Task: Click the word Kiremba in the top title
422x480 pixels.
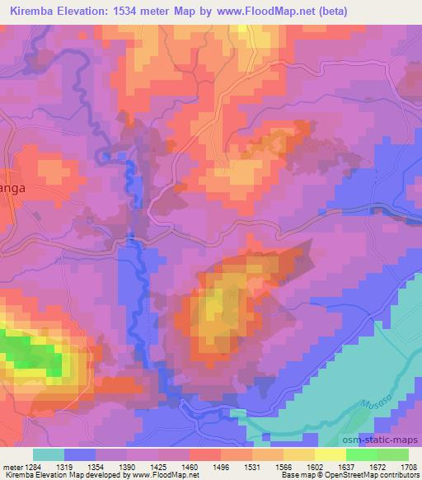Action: tap(35, 12)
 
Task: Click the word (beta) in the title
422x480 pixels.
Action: tap(349, 12)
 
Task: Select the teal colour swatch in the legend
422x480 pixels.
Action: tap(48, 454)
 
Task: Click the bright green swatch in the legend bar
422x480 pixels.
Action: tap(361, 454)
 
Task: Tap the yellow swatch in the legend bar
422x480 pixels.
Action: tap(330, 454)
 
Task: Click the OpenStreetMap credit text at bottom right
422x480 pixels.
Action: tap(375, 475)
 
